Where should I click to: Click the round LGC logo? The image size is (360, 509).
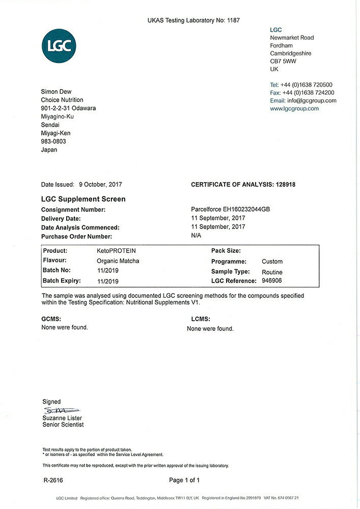point(60,45)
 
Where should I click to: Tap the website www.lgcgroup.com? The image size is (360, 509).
point(294,108)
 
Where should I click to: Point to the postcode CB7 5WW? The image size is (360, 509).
point(283,61)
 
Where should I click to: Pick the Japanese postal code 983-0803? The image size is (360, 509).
point(53,142)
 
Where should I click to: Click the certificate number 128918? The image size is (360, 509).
point(285,184)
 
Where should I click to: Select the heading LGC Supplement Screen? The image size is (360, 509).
point(83,199)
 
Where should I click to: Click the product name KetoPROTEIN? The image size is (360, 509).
point(116,251)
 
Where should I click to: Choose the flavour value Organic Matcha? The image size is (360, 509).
point(118,261)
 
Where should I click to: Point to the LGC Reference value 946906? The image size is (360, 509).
point(272,281)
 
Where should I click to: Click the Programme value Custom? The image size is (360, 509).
point(272,262)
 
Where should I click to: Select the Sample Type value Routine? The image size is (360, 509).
point(272,272)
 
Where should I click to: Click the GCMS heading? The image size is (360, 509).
point(51,319)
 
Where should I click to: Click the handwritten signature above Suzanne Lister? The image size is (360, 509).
point(61,410)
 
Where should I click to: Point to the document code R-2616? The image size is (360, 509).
point(53,480)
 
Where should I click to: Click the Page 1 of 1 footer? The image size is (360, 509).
point(184,480)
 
